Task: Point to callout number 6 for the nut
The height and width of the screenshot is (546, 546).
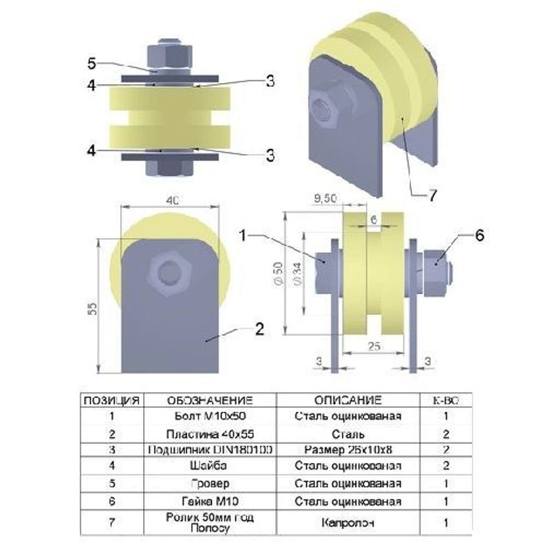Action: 479,235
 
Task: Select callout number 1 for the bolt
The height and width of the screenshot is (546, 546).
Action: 244,235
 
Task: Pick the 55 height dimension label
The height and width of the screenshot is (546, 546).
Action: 93,308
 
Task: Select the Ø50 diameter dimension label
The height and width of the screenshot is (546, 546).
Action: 278,272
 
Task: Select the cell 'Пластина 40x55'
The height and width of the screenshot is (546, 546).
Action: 210,434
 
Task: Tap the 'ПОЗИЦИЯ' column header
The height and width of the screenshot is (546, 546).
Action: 111,400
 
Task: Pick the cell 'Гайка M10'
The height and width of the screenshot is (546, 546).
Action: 210,501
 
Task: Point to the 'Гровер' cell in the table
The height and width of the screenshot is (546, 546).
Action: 210,484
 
